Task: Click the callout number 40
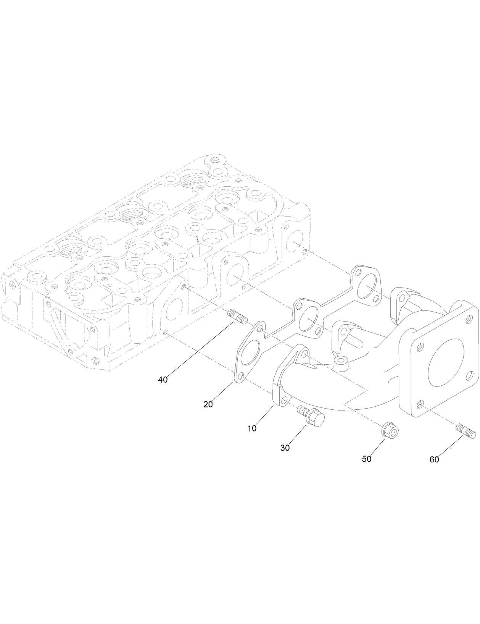pos(163,380)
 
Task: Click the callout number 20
pos(208,404)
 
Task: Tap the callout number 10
pos(252,428)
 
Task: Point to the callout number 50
pos(366,459)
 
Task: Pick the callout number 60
pos(434,459)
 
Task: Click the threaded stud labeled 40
pos(238,317)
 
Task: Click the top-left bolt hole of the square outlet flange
pos(420,348)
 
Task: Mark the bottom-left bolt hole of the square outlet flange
pos(420,403)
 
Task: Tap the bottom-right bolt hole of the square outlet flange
pos(468,376)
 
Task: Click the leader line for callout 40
pos(198,350)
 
